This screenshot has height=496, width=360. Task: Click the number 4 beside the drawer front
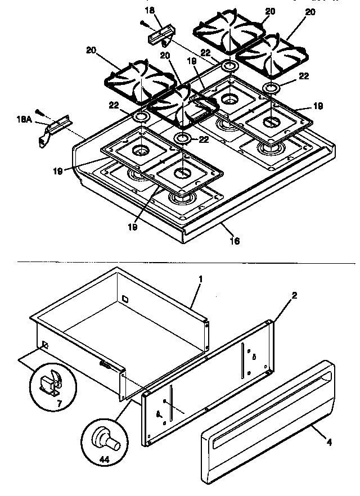[329, 442]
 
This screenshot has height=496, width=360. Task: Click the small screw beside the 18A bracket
[39, 111]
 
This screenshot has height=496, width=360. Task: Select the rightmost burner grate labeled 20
[271, 53]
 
